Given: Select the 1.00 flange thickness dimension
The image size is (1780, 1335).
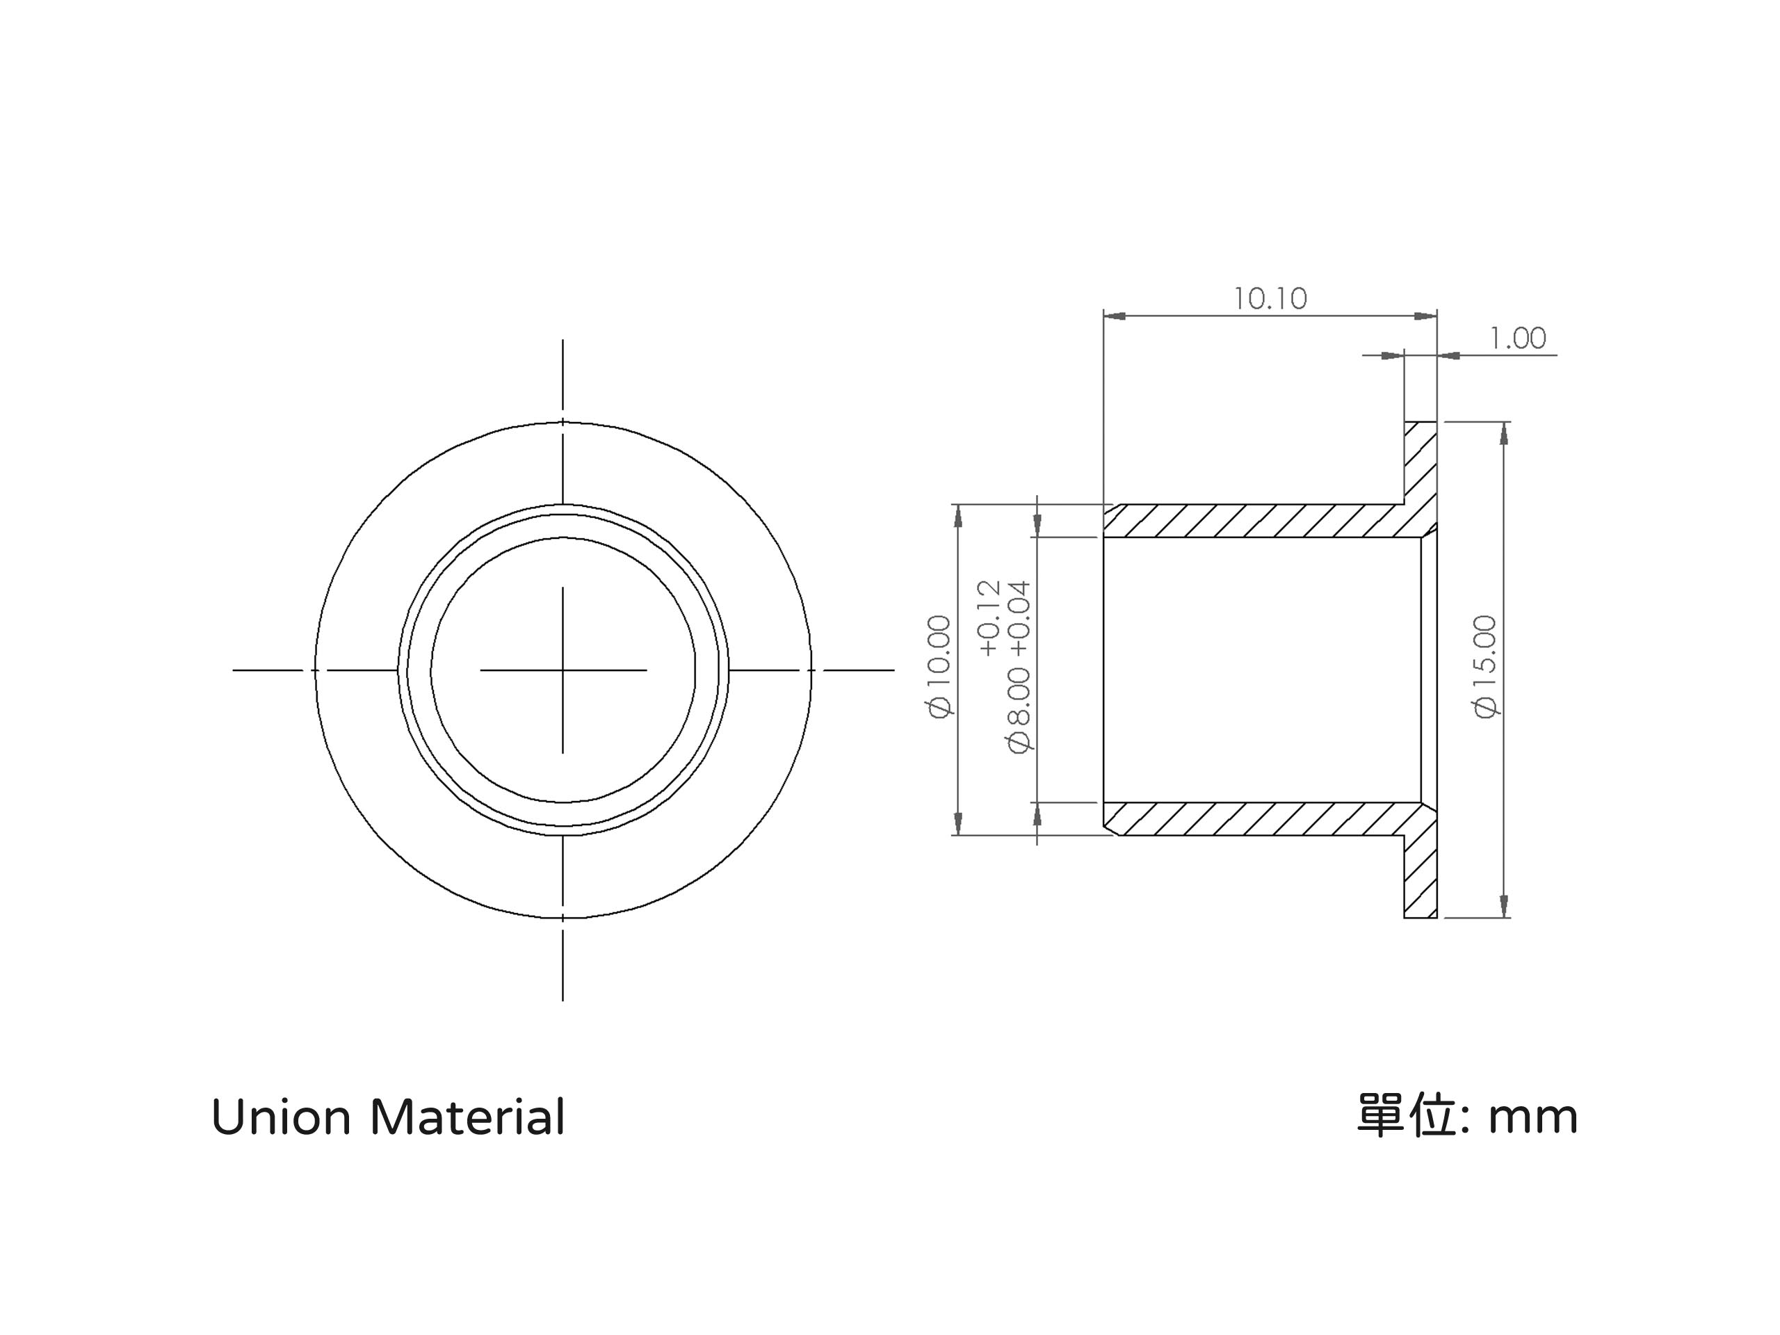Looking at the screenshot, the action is coord(1518,338).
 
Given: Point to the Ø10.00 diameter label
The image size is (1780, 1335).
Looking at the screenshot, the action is coord(940,667).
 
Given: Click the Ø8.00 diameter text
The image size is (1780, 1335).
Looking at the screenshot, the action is coord(1019,711).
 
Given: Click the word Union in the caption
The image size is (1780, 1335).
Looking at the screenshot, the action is coord(281,1118).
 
